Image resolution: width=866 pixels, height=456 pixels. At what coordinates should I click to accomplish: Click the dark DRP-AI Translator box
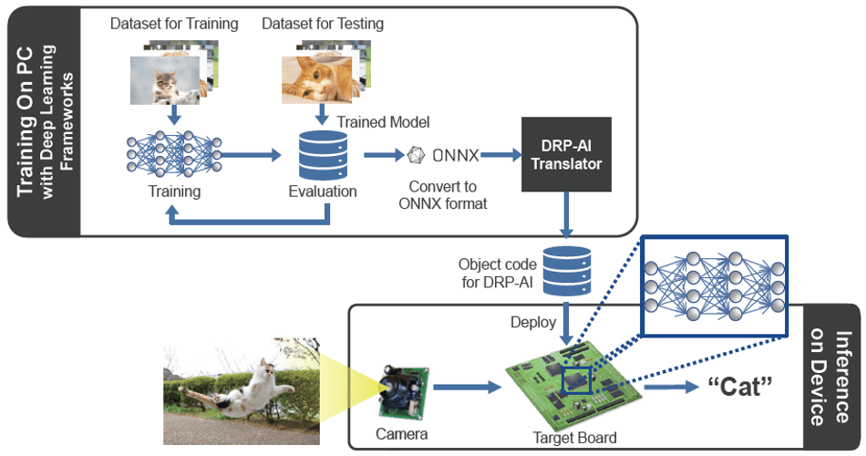click(x=566, y=154)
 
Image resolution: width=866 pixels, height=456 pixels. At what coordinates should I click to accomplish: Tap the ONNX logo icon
click(x=416, y=155)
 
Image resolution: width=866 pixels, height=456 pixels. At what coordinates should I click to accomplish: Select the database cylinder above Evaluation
click(x=323, y=155)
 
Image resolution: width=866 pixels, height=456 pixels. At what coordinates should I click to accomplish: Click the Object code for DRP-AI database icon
click(x=567, y=271)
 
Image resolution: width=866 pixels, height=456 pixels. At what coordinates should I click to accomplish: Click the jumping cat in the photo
click(x=239, y=389)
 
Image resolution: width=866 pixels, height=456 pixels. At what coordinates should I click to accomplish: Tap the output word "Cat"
click(x=740, y=386)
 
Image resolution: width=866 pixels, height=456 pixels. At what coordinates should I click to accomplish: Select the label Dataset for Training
click(x=174, y=24)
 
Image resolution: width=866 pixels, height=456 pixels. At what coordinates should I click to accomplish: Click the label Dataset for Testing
click(x=323, y=24)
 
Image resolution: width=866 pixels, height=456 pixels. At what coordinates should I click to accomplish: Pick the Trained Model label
click(x=383, y=122)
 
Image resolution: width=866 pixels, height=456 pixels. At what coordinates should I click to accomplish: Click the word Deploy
click(x=533, y=322)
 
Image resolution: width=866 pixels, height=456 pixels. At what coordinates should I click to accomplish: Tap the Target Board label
click(x=574, y=438)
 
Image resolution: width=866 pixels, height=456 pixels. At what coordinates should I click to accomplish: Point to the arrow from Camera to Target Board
click(x=467, y=387)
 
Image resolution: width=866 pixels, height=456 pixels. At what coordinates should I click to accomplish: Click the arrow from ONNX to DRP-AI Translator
click(x=501, y=155)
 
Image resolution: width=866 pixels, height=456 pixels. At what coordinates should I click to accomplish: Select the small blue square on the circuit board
click(x=577, y=379)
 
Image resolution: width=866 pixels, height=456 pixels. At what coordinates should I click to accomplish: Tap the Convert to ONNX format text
click(x=443, y=195)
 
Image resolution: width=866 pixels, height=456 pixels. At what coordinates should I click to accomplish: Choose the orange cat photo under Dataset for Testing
click(x=316, y=79)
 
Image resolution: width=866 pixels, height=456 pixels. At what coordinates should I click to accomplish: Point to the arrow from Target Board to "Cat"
click(x=672, y=387)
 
